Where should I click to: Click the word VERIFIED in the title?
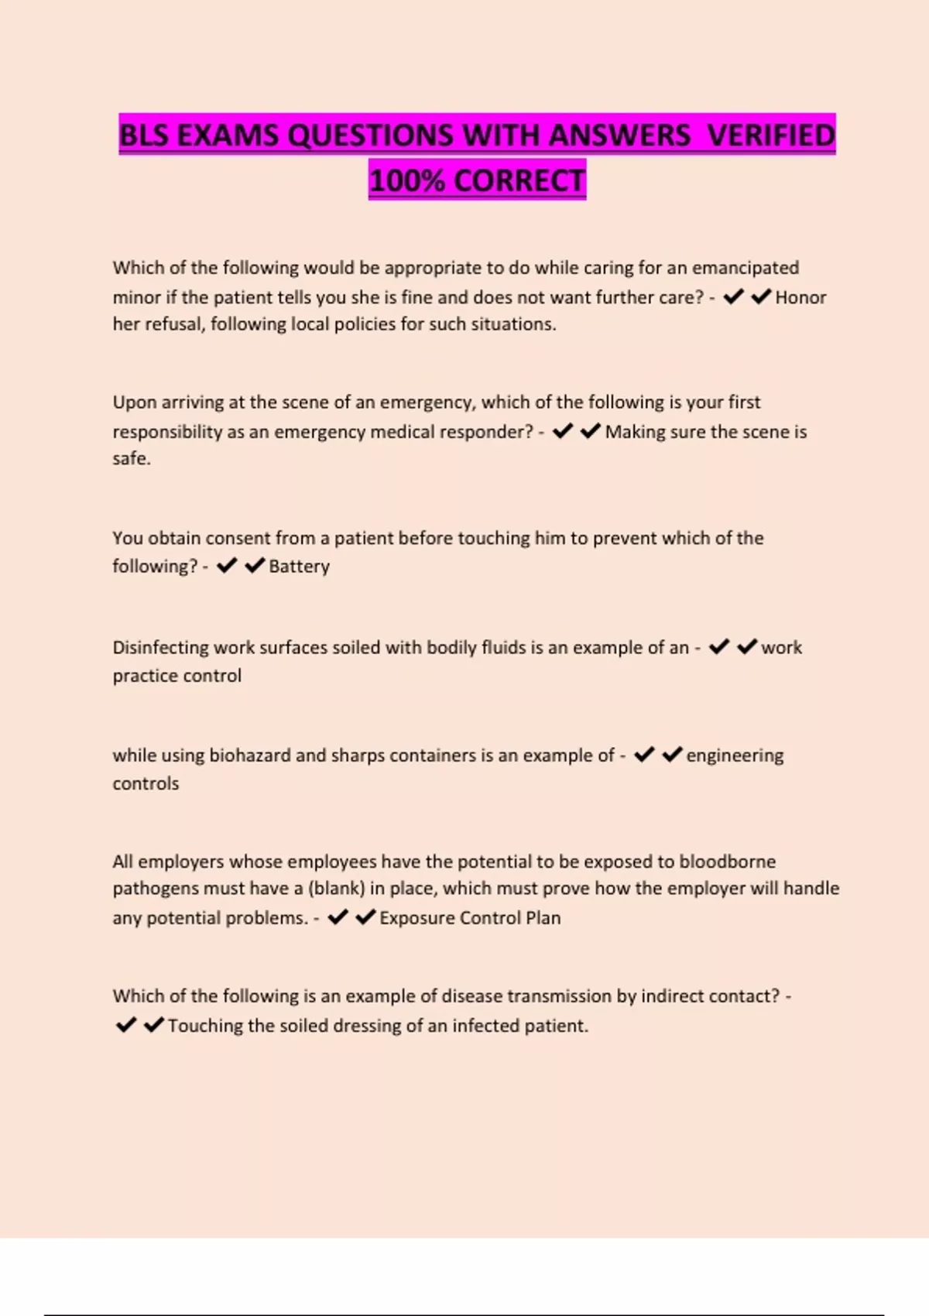pyautogui.click(x=771, y=135)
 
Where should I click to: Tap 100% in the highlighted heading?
pyautogui.click(x=407, y=181)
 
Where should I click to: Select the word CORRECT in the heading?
pyautogui.click(x=519, y=181)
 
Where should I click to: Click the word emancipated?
pyautogui.click(x=745, y=268)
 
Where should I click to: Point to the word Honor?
pyautogui.click(x=800, y=297)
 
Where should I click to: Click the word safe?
pyautogui.click(x=131, y=459)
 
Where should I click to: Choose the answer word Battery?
pyautogui.click(x=299, y=567)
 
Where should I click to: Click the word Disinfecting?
pyautogui.click(x=160, y=648)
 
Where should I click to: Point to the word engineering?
pyautogui.click(x=735, y=756)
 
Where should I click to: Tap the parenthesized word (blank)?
pyautogui.click(x=336, y=889)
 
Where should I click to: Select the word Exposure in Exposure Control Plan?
pyautogui.click(x=416, y=918)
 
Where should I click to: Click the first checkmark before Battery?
pyautogui.click(x=227, y=566)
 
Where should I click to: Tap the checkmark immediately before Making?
pyautogui.click(x=591, y=431)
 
